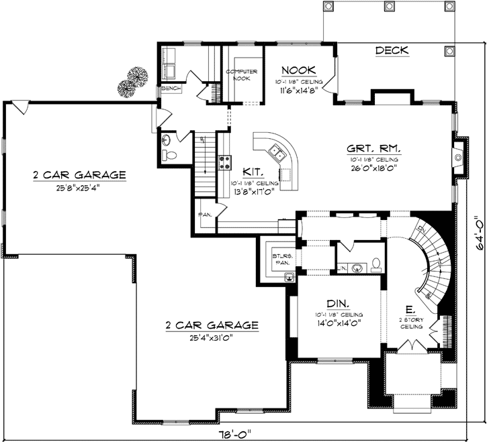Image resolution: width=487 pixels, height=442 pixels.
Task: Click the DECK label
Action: coord(392,51)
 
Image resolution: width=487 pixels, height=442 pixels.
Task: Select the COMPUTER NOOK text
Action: coord(237,74)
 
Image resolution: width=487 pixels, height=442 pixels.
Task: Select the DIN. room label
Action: coord(338,302)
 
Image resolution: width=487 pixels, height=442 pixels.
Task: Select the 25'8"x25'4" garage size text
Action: coord(79,187)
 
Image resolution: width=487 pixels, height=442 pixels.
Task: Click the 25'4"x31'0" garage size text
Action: coord(212,338)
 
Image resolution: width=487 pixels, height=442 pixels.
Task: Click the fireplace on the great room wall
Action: coord(458,158)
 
